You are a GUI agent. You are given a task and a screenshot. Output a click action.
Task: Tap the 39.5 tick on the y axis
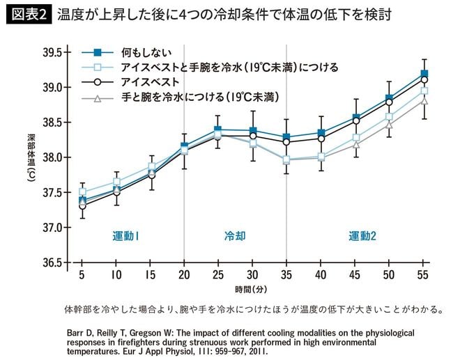(52, 52)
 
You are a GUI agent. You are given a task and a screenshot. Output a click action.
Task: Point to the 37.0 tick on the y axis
(52, 228)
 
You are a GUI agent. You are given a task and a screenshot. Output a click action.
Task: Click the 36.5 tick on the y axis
(52, 263)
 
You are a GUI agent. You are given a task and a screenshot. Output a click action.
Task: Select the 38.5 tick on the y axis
(52, 123)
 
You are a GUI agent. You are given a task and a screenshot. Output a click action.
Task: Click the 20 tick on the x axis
(184, 276)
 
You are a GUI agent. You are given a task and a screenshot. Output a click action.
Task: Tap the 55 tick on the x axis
(424, 276)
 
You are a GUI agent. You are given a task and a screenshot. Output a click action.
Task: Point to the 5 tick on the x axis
(82, 276)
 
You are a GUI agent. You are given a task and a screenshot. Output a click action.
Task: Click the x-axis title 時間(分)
(252, 288)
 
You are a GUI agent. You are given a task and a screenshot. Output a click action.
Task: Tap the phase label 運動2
(362, 236)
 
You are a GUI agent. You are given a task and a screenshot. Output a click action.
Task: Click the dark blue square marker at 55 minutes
(424, 73)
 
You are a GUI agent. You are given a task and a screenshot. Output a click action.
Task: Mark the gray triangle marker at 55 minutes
(424, 102)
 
